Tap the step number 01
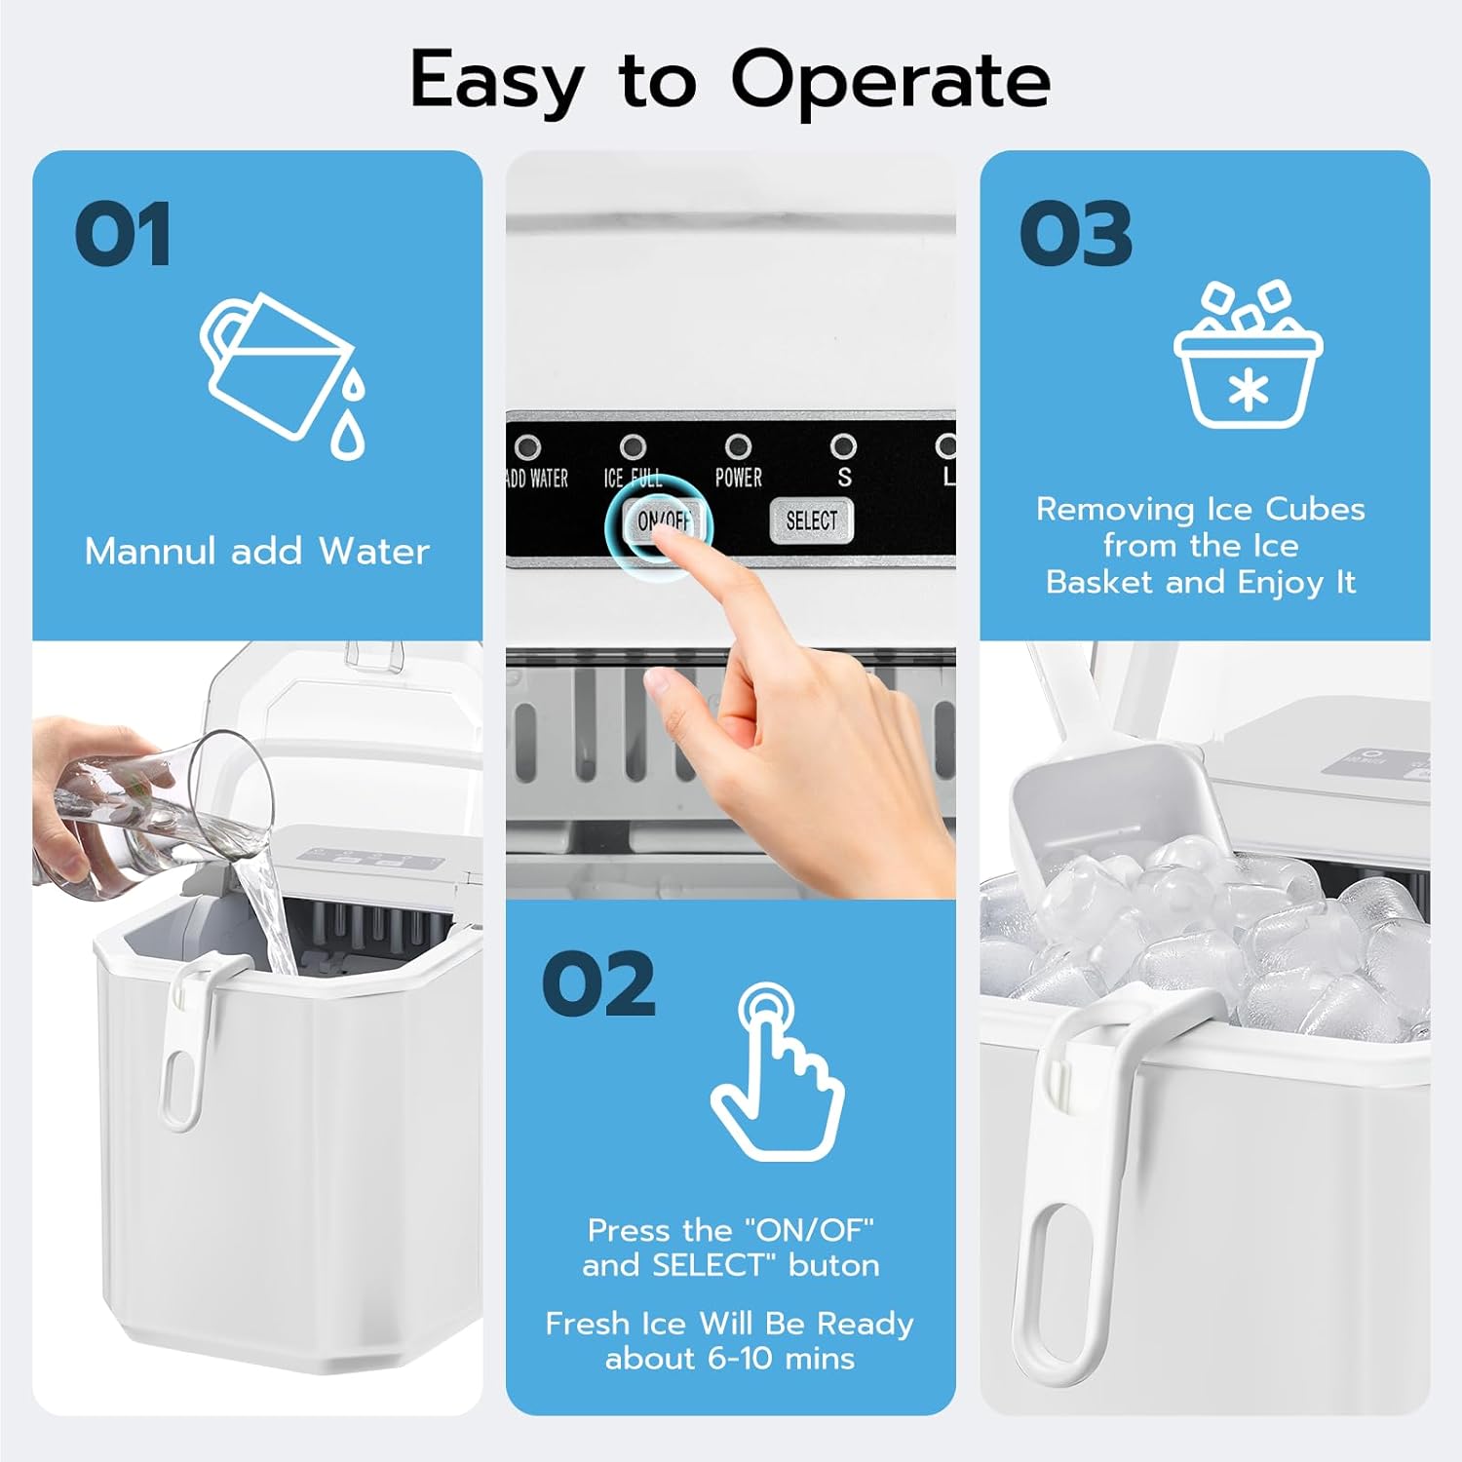[x=123, y=234]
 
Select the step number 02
[x=598, y=984]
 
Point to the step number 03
[x=1075, y=234]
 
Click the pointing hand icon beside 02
[x=777, y=1072]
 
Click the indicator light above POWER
[x=738, y=446]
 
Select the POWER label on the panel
[x=738, y=478]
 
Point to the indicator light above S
[x=843, y=446]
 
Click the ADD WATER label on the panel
[x=537, y=479]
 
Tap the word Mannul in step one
[x=149, y=552]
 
